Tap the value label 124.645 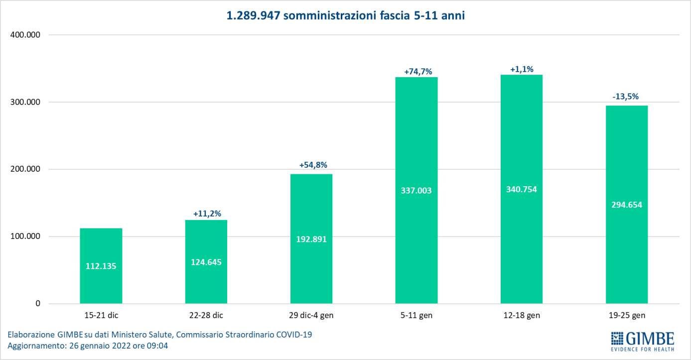206,262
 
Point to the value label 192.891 311,239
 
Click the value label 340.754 522,189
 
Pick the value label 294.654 627,204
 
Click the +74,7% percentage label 416,71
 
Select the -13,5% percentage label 627,97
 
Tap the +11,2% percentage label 206,214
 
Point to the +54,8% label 311,165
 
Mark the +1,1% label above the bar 522,69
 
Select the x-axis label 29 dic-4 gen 311,315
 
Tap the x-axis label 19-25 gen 627,315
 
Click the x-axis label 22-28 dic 206,315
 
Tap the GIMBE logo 643,341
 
